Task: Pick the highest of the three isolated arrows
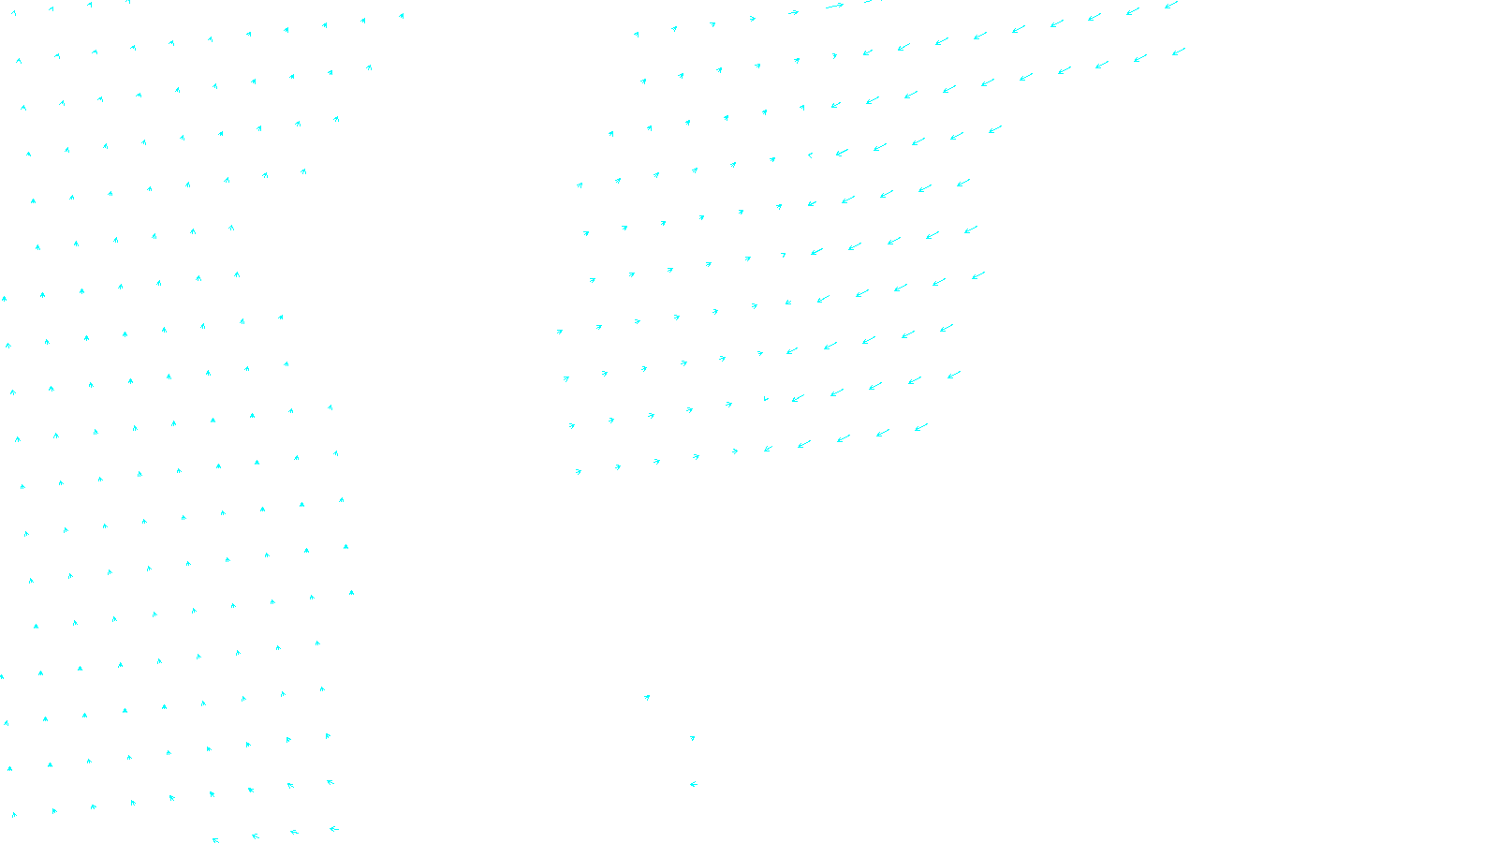647,697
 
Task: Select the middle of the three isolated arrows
693,738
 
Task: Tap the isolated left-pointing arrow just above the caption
694,784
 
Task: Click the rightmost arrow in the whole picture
1179,52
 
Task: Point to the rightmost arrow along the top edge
1171,5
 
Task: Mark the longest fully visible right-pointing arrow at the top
834,7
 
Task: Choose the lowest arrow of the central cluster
579,471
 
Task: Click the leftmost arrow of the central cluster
560,331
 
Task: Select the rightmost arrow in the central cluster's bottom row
921,427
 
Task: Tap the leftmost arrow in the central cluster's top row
637,34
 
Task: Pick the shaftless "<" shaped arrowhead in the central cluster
810,155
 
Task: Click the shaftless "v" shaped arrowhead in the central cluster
766,399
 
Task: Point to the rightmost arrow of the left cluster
402,15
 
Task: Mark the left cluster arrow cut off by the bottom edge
215,840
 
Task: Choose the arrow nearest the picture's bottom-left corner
13,814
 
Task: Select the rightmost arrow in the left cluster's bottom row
333,828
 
